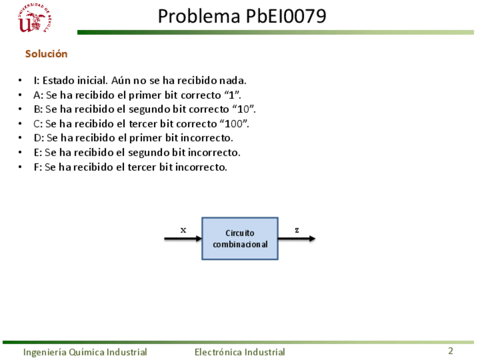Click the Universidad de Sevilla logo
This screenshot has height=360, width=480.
click(x=35, y=19)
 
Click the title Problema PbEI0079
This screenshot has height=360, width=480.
click(x=242, y=16)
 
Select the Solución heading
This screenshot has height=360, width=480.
click(x=46, y=54)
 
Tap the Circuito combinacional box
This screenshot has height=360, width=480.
click(x=240, y=238)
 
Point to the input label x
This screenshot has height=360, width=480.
click(x=183, y=230)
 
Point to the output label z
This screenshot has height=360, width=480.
click(x=297, y=230)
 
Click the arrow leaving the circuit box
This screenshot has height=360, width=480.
click(x=297, y=239)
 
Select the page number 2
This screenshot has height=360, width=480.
click(x=451, y=351)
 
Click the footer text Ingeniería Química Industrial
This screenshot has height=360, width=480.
click(x=85, y=352)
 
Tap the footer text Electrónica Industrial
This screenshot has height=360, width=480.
click(x=239, y=352)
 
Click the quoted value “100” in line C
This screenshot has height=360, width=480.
click(x=237, y=123)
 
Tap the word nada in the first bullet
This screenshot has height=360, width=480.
click(x=235, y=80)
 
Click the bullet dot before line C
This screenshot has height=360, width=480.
click(x=20, y=123)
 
